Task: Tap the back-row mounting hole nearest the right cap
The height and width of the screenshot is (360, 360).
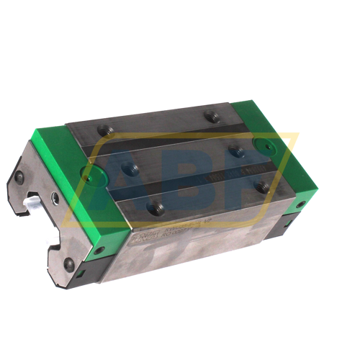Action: click(x=210, y=115)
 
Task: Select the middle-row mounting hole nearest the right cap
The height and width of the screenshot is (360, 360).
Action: click(x=235, y=150)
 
